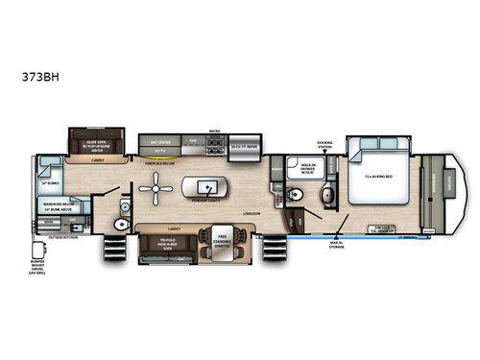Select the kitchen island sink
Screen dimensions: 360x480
point(204,185)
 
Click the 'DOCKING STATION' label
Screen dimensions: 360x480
point(325,143)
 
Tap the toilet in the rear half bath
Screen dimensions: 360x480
point(121,223)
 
